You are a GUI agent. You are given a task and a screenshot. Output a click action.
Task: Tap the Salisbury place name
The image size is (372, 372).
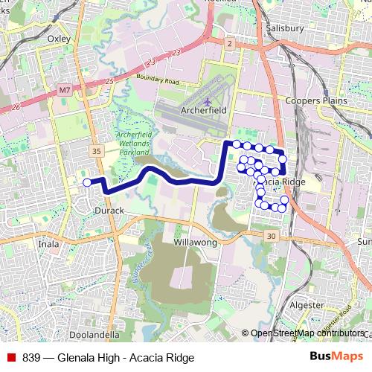[283, 29]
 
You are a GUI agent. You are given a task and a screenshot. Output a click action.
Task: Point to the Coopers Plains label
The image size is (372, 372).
[314, 100]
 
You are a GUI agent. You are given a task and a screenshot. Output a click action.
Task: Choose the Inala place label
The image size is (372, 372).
[48, 243]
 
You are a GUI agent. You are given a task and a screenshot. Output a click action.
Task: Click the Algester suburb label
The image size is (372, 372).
[307, 305]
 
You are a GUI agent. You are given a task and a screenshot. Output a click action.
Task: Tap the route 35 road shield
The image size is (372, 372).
[96, 151]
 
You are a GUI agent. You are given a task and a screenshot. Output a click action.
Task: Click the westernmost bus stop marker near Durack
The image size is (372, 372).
[87, 182]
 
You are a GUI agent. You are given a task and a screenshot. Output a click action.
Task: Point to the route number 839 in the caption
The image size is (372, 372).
[32, 357]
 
